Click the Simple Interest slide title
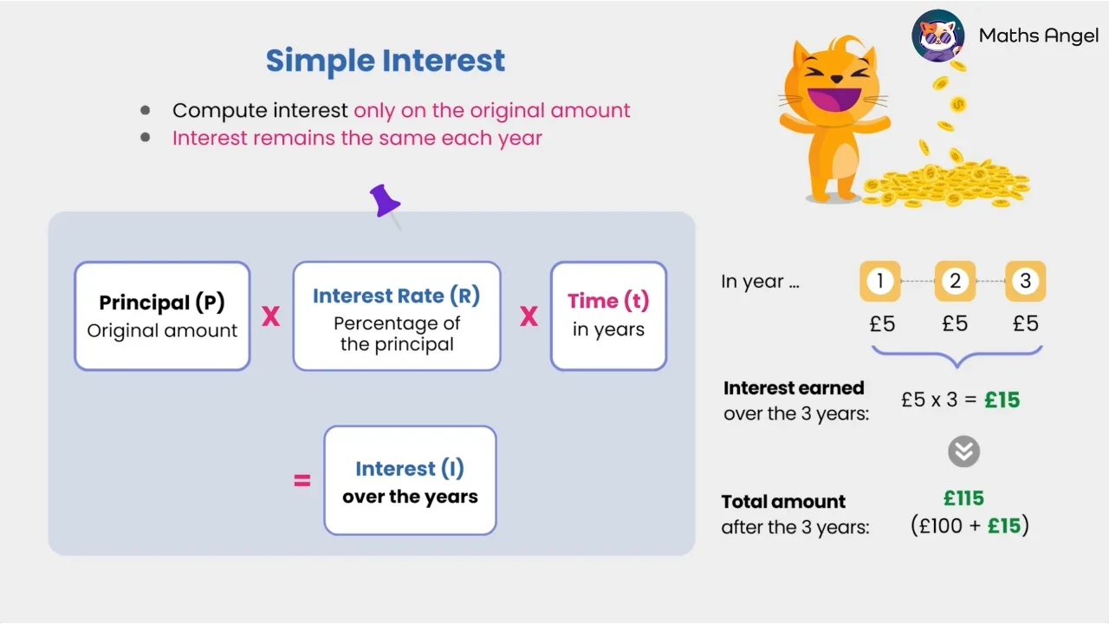tap(385, 61)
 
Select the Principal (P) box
tap(162, 316)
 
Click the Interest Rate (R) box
tap(396, 316)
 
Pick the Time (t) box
tap(608, 316)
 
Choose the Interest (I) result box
tap(410, 480)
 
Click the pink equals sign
tap(302, 480)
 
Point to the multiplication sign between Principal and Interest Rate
tap(271, 317)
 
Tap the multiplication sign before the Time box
tap(529, 317)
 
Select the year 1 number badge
tap(880, 282)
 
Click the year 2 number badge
tap(955, 282)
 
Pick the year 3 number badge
tap(1026, 282)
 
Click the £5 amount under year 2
tap(955, 324)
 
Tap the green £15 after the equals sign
tap(1002, 400)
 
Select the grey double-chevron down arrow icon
tap(963, 452)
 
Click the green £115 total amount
tap(963, 498)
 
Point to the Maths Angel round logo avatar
tap(938, 36)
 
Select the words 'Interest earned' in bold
tap(794, 388)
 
